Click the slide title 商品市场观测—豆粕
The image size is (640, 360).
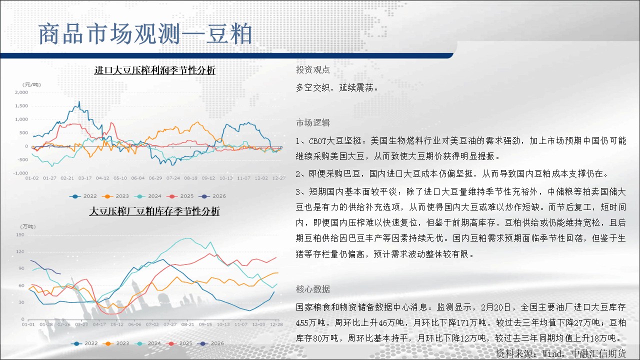pyautogui.click(x=145, y=34)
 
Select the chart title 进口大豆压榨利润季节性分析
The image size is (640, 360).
pyautogui.click(x=155, y=70)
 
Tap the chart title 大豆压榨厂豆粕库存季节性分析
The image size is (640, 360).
pyautogui.click(x=154, y=211)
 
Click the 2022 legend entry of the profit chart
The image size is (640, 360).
pyautogui.click(x=83, y=196)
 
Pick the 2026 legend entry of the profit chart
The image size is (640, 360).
pyautogui.click(x=212, y=196)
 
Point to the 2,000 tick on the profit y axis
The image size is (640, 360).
pyautogui.click(x=21, y=92)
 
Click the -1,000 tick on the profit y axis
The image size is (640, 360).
pyautogui.click(x=20, y=173)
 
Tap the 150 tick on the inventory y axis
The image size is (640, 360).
pyautogui.click(x=20, y=235)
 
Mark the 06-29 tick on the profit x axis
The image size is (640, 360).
pyautogui.click(x=155, y=178)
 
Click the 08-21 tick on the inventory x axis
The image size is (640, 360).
pyautogui.click(x=187, y=324)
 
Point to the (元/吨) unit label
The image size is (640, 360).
pyautogui.click(x=31, y=84)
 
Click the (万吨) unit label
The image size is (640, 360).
pyautogui.click(x=27, y=226)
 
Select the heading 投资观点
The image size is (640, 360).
pyautogui.click(x=313, y=69)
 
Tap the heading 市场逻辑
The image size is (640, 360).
pyautogui.click(x=313, y=122)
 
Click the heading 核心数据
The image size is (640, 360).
pyautogui.click(x=313, y=289)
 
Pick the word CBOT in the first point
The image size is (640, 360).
pyautogui.click(x=317, y=141)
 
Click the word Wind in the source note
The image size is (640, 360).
pyautogui.click(x=552, y=353)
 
